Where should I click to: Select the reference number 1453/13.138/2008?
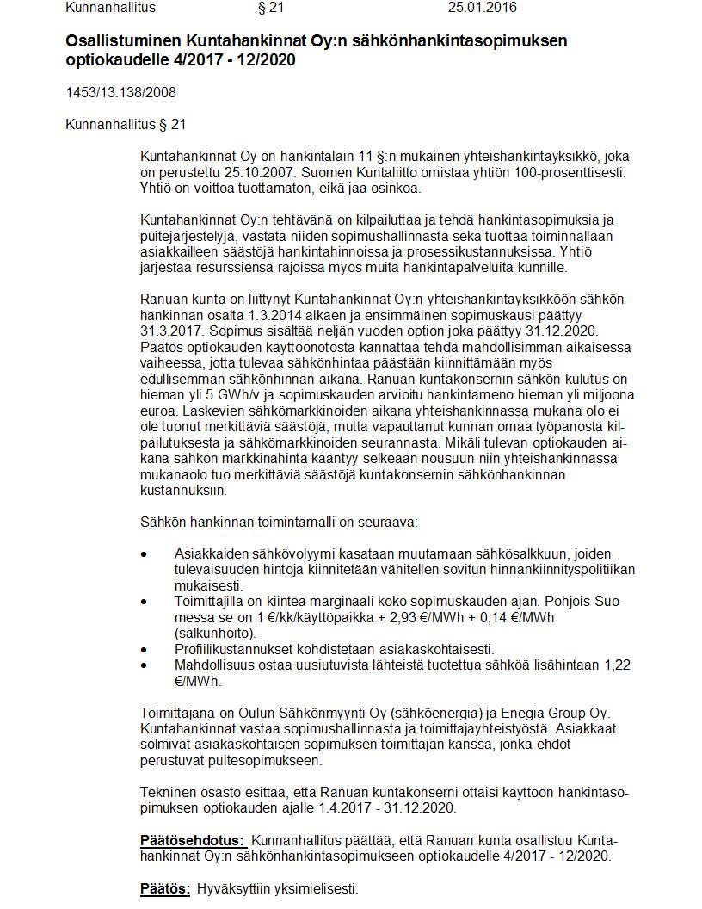click(x=120, y=92)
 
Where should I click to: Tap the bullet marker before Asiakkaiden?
click(x=145, y=554)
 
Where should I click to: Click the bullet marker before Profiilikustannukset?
click(x=145, y=649)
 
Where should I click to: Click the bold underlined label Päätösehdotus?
click(x=194, y=840)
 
